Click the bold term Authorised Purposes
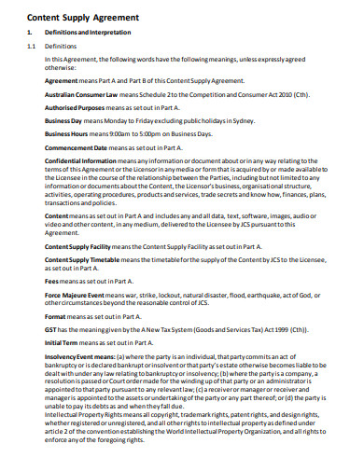tap(77, 108)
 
